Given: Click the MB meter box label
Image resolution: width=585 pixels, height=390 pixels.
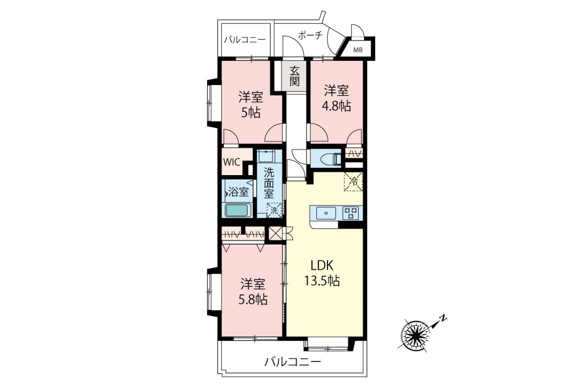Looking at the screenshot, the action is [x=358, y=50].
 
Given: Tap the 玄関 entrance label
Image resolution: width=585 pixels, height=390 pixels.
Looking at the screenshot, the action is [x=295, y=76].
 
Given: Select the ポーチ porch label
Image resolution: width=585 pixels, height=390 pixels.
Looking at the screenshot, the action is [x=310, y=35].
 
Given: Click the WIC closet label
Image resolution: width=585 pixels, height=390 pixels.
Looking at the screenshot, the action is [x=232, y=162].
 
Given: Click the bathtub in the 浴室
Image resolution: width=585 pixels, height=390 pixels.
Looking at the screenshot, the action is [x=238, y=210].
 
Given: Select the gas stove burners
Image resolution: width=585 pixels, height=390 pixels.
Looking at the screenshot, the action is [x=351, y=213].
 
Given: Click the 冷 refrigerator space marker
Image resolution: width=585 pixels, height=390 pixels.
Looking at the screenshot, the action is [x=353, y=182].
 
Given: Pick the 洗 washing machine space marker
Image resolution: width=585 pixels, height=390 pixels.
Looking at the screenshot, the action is [x=274, y=210].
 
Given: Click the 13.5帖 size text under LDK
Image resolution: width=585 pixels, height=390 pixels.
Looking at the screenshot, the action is [x=322, y=281].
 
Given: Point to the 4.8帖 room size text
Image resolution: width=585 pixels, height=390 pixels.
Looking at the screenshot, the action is [x=337, y=106].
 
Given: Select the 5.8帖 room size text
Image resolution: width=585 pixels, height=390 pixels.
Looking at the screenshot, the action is [x=253, y=299].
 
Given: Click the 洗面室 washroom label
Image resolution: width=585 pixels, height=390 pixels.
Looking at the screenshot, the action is [x=269, y=183].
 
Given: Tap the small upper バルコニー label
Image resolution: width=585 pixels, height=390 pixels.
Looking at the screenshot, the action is [x=245, y=40].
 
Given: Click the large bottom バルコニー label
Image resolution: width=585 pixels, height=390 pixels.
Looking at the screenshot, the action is [x=292, y=362].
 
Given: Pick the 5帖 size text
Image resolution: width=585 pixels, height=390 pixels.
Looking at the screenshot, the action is [x=251, y=113].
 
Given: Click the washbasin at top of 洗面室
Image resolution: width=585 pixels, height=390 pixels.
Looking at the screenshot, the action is [x=266, y=156].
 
